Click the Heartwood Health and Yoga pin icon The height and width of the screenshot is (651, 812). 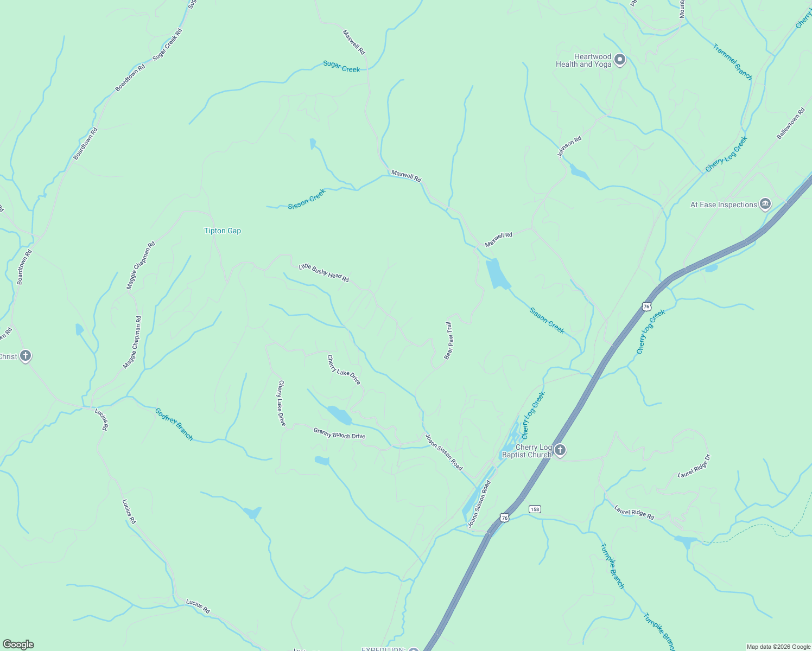(x=620, y=60)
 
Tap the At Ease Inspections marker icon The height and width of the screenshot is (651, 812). (x=765, y=205)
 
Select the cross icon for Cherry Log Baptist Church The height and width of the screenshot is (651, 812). (x=561, y=450)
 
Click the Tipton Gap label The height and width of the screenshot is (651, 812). (x=223, y=231)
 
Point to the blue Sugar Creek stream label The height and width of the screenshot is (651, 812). (x=341, y=66)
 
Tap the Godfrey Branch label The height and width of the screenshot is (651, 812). (x=174, y=424)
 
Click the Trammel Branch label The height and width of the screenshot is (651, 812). (x=732, y=62)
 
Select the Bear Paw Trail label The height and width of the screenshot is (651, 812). (x=448, y=340)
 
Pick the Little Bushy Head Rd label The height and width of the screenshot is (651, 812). (x=324, y=273)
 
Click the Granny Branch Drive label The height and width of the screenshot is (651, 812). (x=339, y=433)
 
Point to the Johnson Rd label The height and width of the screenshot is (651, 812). (x=569, y=146)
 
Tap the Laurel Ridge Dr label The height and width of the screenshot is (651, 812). (x=694, y=466)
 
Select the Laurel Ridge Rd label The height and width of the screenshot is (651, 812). (x=634, y=513)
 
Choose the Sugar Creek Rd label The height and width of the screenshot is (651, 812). (x=167, y=44)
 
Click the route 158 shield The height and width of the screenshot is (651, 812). (x=535, y=509)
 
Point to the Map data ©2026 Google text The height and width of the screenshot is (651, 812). (x=778, y=647)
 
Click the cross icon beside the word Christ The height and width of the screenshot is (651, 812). (x=26, y=356)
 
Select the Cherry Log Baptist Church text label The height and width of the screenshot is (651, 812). (x=526, y=451)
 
